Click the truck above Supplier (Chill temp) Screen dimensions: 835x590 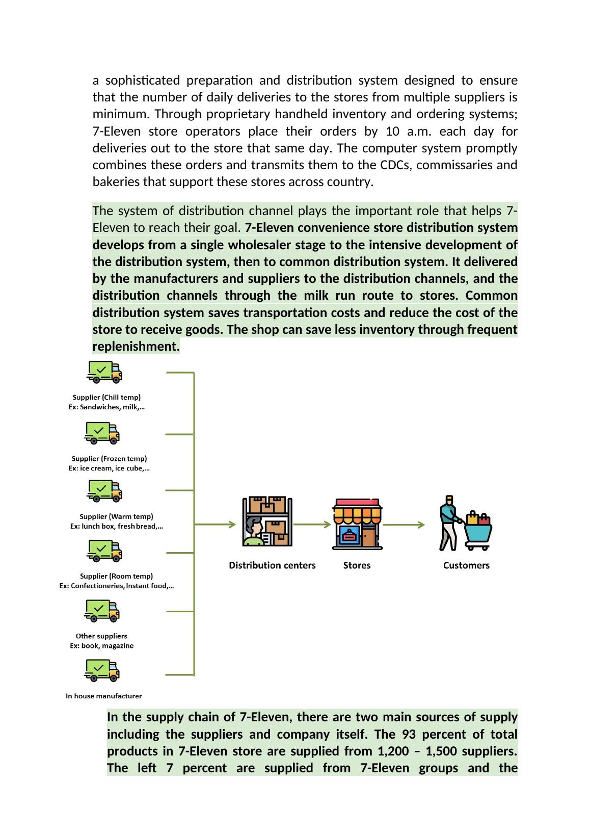(x=104, y=372)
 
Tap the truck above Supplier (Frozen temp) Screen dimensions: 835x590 (x=102, y=433)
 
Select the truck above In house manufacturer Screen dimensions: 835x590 (x=102, y=670)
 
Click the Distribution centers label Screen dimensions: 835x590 (x=272, y=565)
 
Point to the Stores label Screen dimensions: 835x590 (x=357, y=565)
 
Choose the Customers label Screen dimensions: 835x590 (x=466, y=565)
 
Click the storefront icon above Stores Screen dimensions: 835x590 (x=357, y=524)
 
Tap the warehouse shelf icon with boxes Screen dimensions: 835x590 (x=267, y=521)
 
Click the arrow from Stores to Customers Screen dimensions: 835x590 (x=404, y=525)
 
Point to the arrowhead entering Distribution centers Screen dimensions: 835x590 (x=232, y=524)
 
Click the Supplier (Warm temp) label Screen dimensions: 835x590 (x=116, y=516)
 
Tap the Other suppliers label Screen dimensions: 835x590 (x=101, y=636)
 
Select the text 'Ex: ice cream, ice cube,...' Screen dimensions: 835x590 (x=109, y=468)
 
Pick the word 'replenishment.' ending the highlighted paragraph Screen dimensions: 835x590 (x=136, y=347)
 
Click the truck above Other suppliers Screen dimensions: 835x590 (x=102, y=611)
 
